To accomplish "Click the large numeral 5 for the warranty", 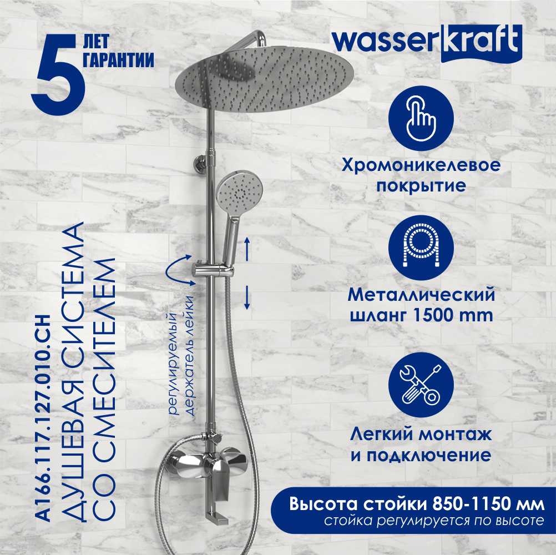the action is pos(59,74).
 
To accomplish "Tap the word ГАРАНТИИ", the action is pos(119,60).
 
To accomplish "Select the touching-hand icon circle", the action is pos(421,118).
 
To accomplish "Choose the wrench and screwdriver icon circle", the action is pos(421,385).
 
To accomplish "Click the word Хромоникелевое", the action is pos(421,165).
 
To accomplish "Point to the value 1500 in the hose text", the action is pos(434,315).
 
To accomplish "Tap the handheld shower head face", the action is pos(234,193).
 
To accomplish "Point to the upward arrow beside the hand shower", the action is pos(247,250).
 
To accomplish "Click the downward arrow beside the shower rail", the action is pos(247,297).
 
